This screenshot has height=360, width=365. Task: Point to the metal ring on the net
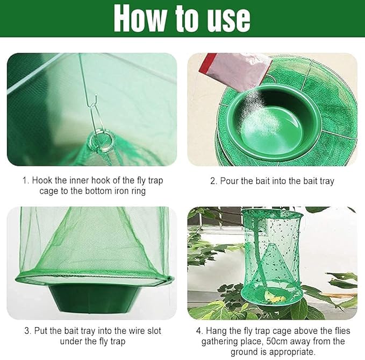(x=102, y=142)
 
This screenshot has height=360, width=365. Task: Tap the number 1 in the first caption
(x=25, y=180)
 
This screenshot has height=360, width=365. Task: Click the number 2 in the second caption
(x=213, y=181)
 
